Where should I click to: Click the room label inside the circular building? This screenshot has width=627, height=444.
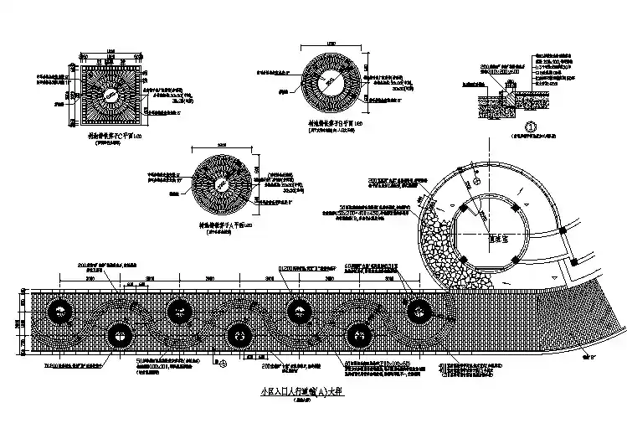pos(500,238)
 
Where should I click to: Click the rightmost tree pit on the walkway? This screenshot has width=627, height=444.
pos(416,312)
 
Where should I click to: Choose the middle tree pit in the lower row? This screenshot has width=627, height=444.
pos(239,334)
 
